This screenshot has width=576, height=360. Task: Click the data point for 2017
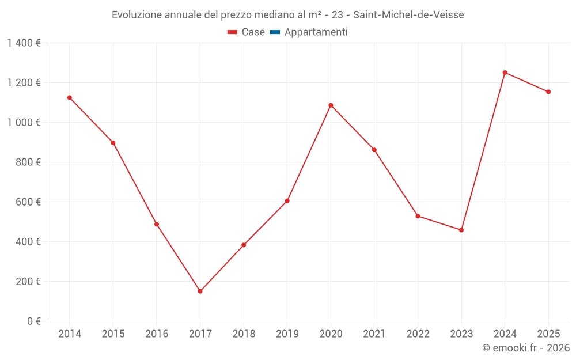[200, 291]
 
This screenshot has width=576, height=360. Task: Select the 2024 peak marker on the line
[505, 73]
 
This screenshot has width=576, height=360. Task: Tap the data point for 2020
[331, 105]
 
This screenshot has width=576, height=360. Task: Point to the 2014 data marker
[70, 98]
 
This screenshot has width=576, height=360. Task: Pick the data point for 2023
[461, 230]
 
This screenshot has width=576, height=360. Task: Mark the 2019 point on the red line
[287, 201]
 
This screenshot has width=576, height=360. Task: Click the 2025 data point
[548, 92]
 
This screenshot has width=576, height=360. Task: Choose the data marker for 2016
[157, 224]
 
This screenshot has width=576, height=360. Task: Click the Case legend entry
[247, 32]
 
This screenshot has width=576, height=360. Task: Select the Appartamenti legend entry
[309, 32]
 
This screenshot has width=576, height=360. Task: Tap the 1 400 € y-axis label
[24, 43]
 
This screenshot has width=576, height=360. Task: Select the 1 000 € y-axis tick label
[24, 123]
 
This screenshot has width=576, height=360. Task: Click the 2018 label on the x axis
[244, 334]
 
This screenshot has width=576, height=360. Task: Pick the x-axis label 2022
[418, 334]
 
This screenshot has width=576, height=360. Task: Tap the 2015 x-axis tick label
[113, 334]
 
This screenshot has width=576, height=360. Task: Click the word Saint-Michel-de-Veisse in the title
[408, 15]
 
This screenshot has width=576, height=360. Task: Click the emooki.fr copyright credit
[526, 348]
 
